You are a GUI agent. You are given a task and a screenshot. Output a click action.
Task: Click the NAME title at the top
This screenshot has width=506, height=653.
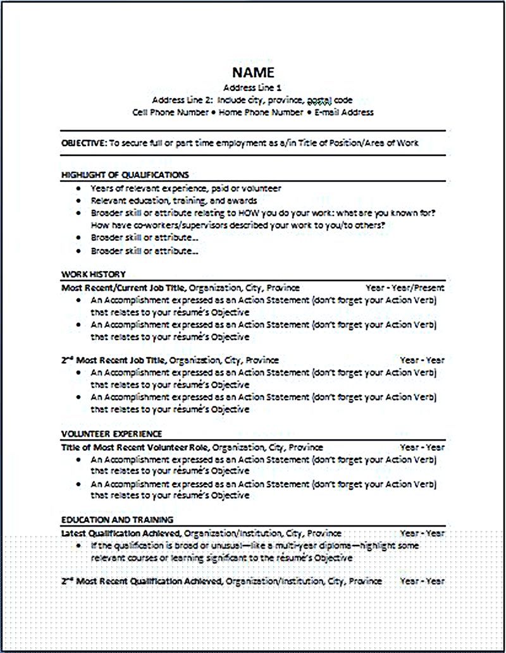click(253, 72)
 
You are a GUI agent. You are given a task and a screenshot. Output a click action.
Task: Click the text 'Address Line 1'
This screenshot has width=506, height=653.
click(253, 88)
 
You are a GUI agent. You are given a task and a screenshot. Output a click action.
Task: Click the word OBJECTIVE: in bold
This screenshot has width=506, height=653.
click(84, 143)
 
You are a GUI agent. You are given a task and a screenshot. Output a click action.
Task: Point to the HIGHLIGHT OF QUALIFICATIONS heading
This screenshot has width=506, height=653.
click(125, 174)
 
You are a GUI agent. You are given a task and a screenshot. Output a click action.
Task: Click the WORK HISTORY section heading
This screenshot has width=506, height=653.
click(93, 274)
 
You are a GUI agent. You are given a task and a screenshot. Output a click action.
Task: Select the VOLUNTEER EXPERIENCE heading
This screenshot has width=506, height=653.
click(111, 434)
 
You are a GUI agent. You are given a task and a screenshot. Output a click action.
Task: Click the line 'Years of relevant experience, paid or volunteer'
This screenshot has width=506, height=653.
click(185, 188)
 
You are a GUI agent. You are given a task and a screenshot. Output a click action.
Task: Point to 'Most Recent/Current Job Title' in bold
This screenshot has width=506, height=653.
click(123, 288)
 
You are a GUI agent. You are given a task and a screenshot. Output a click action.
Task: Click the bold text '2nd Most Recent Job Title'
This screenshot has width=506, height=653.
click(113, 360)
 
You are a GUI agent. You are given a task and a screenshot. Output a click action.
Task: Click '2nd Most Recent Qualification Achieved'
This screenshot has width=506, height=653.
click(142, 580)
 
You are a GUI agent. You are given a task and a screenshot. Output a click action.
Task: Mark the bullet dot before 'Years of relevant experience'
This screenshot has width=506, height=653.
click(77, 188)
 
